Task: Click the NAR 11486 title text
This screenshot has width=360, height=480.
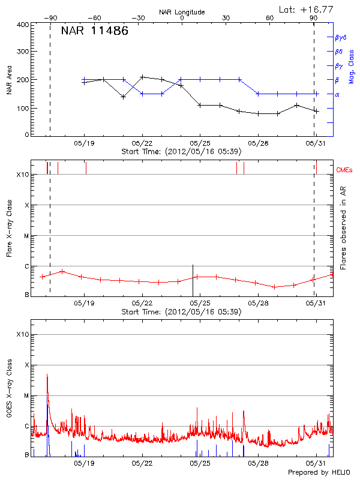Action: pyautogui.click(x=95, y=31)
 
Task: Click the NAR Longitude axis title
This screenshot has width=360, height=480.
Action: pyautogui.click(x=182, y=11)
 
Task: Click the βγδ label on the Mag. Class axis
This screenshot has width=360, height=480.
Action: pyautogui.click(x=340, y=37)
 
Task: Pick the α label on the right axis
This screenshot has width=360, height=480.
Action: pyautogui.click(x=337, y=94)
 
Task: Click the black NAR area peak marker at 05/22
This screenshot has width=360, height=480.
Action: pyautogui.click(x=142, y=77)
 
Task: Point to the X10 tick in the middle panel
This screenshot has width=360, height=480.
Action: pyautogui.click(x=22, y=175)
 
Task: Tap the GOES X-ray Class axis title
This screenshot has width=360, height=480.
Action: pyautogui.click(x=9, y=392)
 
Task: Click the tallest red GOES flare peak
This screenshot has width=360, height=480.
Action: pyautogui.click(x=47, y=374)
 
